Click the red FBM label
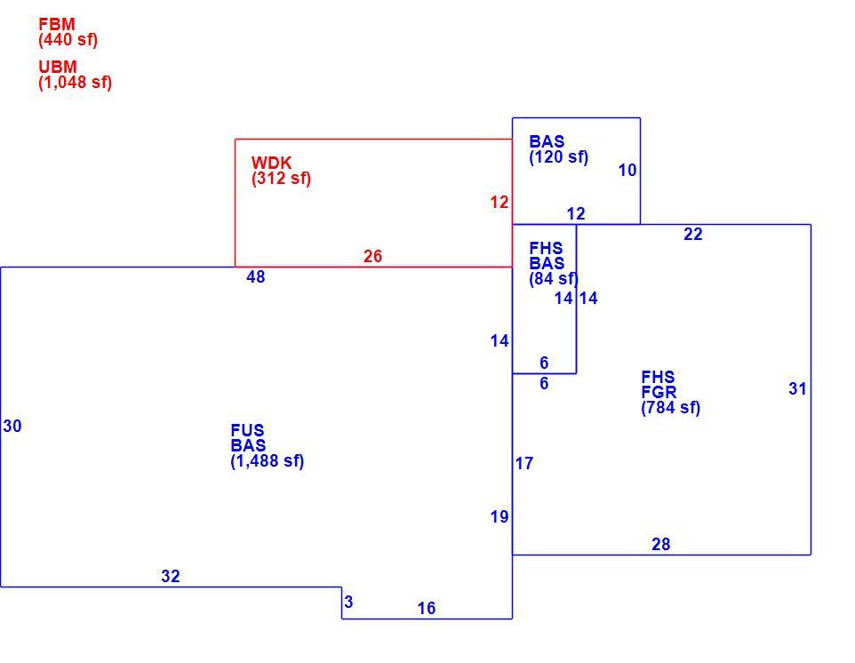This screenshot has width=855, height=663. click(57, 25)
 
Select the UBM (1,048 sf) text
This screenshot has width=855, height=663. click(76, 75)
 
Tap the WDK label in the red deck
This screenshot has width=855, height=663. click(272, 163)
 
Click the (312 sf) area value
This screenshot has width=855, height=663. click(282, 179)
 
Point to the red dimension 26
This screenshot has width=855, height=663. click(373, 256)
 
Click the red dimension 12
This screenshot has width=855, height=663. click(499, 203)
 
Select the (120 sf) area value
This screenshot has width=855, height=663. click(559, 157)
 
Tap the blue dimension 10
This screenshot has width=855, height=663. click(627, 170)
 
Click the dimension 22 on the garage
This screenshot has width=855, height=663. click(693, 234)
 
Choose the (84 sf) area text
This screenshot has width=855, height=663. click(554, 278)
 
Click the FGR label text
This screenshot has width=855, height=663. click(659, 392)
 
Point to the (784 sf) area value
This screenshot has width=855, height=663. click(671, 407)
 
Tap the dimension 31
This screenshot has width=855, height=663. click(798, 388)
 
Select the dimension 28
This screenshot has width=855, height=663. click(661, 544)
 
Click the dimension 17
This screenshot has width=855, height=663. click(524, 463)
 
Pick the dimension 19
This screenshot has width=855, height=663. click(499, 517)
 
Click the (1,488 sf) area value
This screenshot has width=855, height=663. click(268, 460)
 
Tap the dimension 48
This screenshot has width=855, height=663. click(256, 277)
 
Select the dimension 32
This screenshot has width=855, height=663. click(171, 576)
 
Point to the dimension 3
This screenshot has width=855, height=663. click(349, 602)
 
